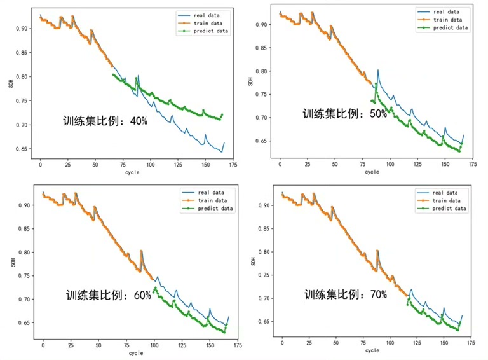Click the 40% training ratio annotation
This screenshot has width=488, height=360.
(105, 121)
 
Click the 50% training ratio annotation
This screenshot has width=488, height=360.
(344, 114)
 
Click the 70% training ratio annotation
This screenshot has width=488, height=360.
(345, 294)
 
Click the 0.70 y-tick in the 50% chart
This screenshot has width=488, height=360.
(259, 118)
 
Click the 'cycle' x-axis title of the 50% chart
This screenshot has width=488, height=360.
(372, 172)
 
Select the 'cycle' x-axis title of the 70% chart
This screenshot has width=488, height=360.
(372, 350)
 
